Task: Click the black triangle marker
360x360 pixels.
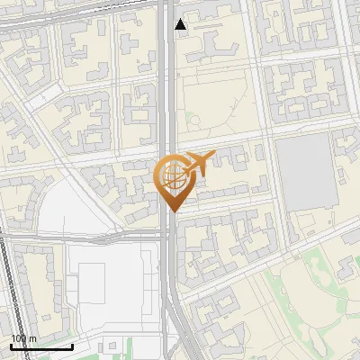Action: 181,24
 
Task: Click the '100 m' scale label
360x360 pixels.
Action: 23,338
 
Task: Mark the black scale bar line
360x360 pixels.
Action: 41,346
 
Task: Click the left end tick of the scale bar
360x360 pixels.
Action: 11,345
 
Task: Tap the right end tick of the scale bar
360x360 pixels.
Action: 72,345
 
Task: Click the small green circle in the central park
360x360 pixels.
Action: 193,118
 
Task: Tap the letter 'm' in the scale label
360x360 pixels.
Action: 33,338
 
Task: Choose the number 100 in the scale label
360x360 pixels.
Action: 18,338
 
